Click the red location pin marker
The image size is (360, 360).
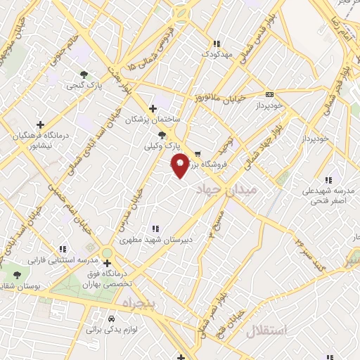coord(181,165)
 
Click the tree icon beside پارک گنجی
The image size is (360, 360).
coord(84,74)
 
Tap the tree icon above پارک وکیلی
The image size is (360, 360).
coord(162,134)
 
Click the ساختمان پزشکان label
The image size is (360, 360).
coord(153,120)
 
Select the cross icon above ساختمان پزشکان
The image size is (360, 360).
coord(153,108)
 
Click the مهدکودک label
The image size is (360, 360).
coord(215,53)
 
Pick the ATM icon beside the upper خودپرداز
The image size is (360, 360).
coord(269,94)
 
